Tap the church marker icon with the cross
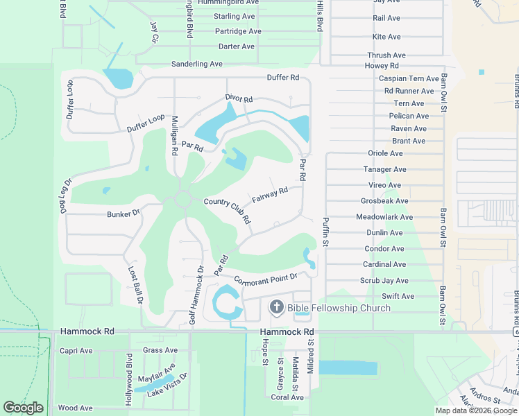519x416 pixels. (x=276, y=307)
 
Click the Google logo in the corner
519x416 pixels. (x=24, y=408)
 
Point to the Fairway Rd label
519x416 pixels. (x=270, y=195)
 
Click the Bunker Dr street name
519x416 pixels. (x=124, y=214)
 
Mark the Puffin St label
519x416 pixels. (x=325, y=233)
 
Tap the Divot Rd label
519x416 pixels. (x=239, y=99)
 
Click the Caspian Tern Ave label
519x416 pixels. (x=409, y=79)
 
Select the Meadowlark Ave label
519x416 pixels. (x=384, y=217)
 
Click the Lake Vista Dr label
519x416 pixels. (x=168, y=388)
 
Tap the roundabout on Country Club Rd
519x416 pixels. (x=183, y=200)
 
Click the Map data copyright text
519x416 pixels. (x=477, y=410)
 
